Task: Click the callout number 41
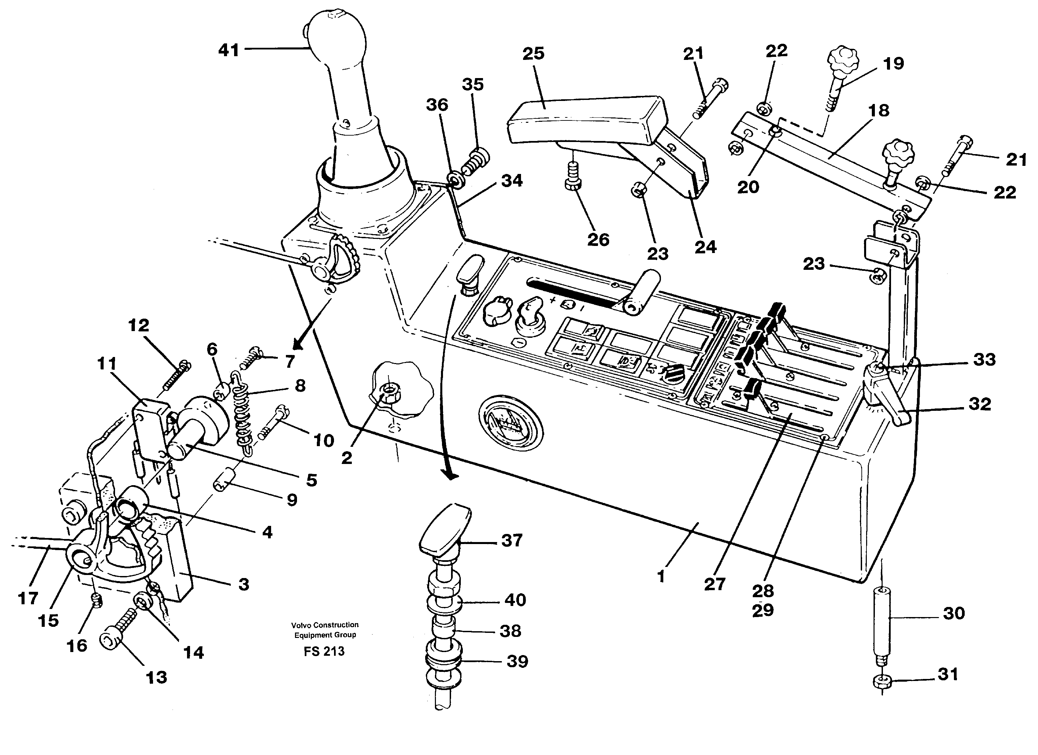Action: tap(228, 50)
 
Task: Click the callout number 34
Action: tap(511, 181)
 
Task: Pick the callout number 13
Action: tap(156, 677)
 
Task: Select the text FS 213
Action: tap(324, 651)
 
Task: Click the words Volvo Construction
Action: tap(325, 624)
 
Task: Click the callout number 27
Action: tap(714, 584)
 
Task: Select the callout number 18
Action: tap(878, 110)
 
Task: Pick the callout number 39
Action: tap(517, 661)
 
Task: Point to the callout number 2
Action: tap(346, 457)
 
